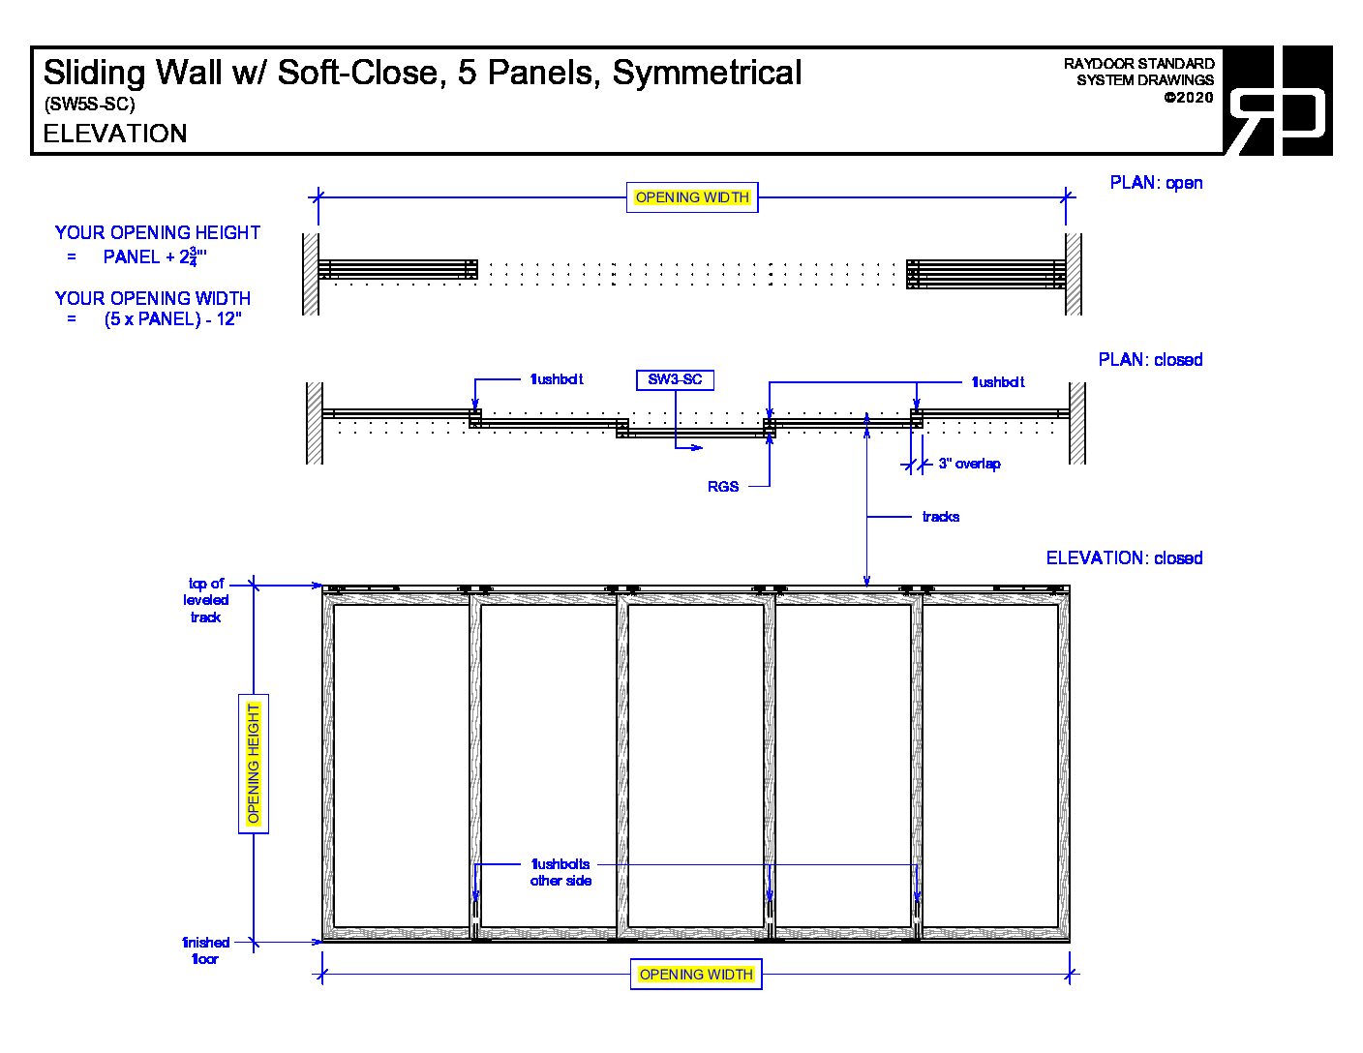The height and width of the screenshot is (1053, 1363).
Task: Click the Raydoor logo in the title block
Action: point(1278,101)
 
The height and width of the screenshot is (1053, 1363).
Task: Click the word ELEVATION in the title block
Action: point(115,134)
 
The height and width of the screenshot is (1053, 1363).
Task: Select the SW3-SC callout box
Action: point(675,379)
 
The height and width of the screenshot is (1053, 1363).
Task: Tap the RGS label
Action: point(723,487)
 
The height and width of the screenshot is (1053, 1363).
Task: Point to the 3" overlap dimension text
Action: point(969,464)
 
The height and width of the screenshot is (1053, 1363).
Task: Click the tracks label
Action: point(940,517)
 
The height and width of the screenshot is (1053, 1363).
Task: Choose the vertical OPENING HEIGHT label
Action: point(254,763)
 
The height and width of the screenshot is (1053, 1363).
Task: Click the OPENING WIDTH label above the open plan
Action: point(692,197)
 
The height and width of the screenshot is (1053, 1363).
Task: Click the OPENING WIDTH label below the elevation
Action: point(696,975)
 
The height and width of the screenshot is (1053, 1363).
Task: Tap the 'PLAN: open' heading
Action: point(1156,183)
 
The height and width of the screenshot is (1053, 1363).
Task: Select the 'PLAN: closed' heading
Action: point(1150,360)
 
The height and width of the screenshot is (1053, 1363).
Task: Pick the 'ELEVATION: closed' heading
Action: point(1124,558)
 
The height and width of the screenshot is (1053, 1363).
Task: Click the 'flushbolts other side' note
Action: point(560,872)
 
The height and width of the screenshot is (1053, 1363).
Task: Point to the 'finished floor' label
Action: point(205,950)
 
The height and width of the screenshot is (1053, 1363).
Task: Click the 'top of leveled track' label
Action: point(206,600)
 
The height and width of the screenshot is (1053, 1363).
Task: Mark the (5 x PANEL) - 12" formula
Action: point(172,319)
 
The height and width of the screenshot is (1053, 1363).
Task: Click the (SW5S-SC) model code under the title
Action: point(89,105)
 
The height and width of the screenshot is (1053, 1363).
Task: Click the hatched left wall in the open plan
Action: point(311,274)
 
